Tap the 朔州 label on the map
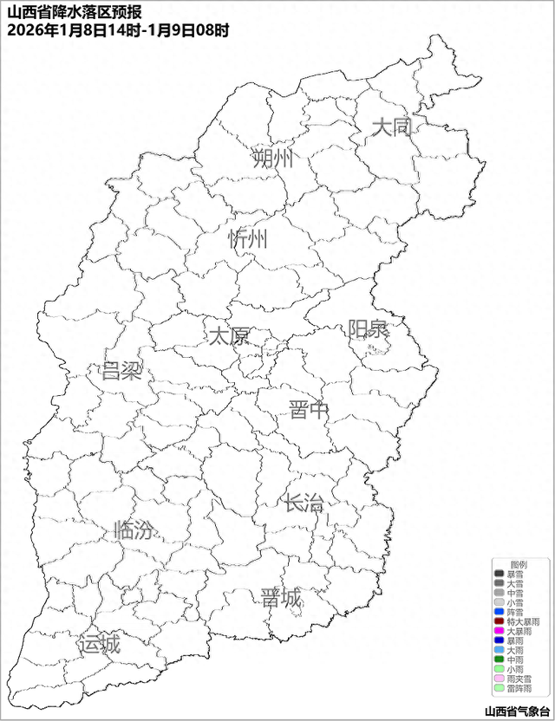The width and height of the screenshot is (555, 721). point(273,159)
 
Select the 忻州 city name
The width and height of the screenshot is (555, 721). point(249,239)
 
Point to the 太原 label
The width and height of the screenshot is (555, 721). point(229,335)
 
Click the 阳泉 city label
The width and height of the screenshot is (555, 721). point(369,330)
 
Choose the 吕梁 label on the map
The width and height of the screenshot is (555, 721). point(121,372)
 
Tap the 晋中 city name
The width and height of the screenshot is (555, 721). point(309,410)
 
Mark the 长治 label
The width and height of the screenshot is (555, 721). point(303,502)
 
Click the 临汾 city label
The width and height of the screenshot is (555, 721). point(134,530)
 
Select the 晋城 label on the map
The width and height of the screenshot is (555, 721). point(281,598)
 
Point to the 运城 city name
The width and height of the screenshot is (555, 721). point(99,645)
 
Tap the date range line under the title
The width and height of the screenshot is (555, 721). point(118,30)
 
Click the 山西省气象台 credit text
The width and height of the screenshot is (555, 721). point(518,711)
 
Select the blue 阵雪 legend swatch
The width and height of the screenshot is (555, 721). point(499,612)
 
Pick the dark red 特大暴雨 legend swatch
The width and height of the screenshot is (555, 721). point(499,621)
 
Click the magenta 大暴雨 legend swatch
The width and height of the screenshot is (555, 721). point(499,631)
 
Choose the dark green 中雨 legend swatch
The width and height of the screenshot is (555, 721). point(499,659)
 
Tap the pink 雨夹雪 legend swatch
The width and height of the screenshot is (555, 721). point(499,679)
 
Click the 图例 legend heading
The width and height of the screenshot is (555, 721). point(518,564)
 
